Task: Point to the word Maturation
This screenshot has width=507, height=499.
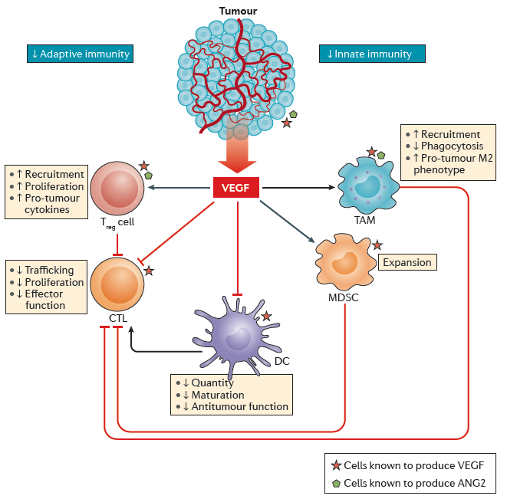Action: tap(218, 395)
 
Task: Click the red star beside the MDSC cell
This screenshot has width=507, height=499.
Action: tap(377, 245)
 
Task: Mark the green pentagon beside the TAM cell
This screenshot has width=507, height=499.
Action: tap(381, 156)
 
